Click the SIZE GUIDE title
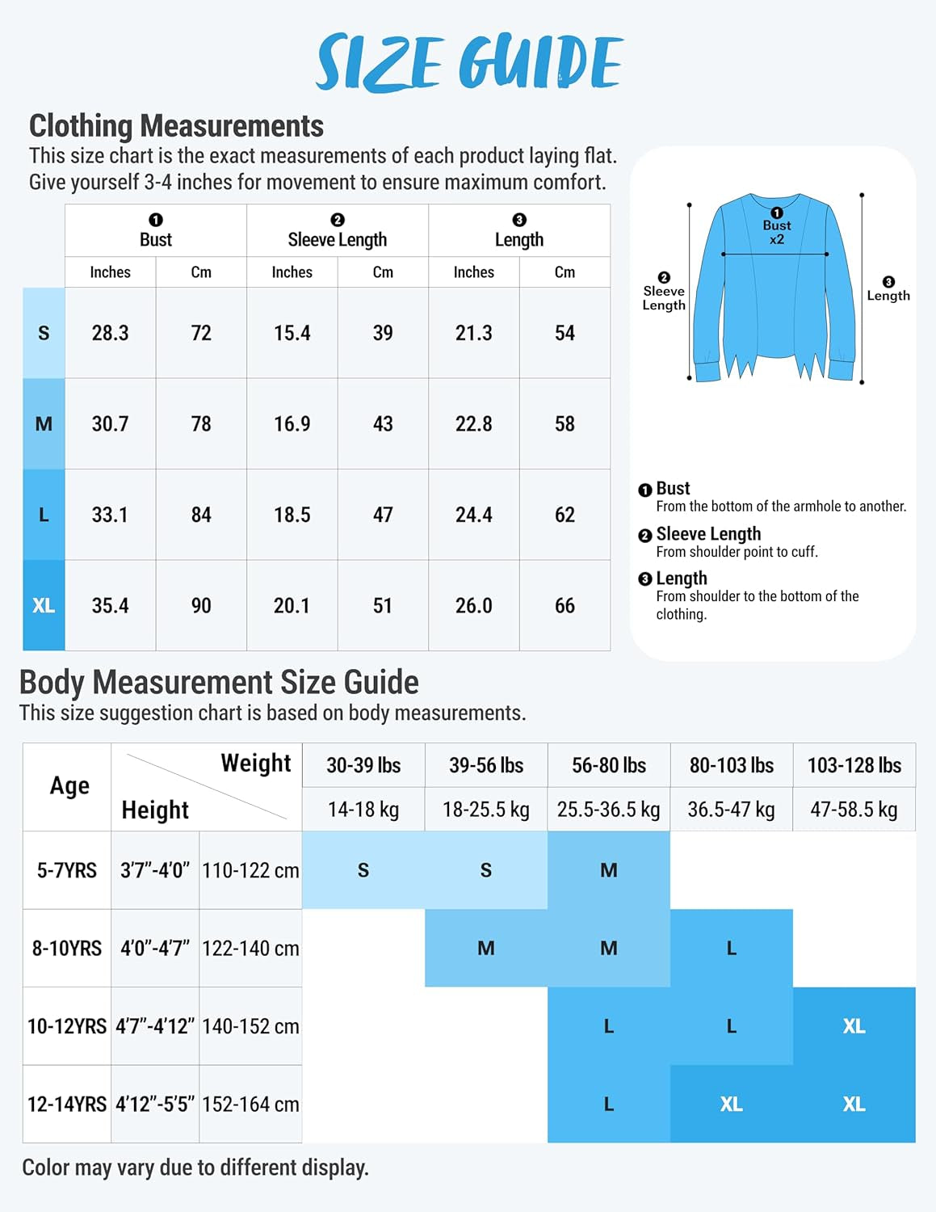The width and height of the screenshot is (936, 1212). (468, 62)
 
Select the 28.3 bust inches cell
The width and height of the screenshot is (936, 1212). (110, 333)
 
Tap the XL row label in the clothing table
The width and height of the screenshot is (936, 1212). (44, 605)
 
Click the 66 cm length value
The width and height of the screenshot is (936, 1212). (565, 605)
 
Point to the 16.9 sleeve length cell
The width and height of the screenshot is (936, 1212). (292, 423)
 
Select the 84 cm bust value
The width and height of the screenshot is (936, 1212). (201, 515)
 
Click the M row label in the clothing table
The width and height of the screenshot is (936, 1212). (44, 423)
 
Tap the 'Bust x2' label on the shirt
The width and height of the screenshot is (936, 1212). (777, 231)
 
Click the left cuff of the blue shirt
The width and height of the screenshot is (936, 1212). (707, 371)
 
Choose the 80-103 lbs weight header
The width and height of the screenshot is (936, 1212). (732, 765)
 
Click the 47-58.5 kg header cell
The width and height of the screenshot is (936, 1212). (854, 810)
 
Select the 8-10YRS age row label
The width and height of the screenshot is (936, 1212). (67, 948)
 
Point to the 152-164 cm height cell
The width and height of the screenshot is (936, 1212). (250, 1104)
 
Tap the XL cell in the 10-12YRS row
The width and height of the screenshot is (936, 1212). (854, 1026)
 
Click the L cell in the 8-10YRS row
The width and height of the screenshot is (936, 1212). (732, 948)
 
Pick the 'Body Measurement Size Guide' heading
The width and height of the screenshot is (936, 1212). (219, 683)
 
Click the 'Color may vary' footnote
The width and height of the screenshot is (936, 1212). (195, 1168)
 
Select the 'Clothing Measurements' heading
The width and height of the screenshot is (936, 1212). (176, 126)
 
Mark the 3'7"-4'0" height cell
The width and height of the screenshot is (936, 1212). (155, 870)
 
